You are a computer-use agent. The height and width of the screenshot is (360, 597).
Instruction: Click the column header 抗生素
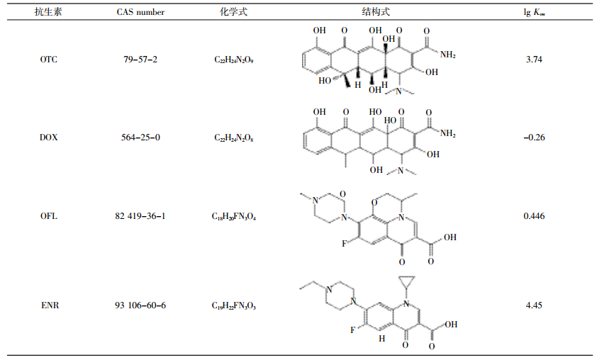coord(48,12)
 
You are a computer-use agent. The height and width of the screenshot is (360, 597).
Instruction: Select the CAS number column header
coord(140,12)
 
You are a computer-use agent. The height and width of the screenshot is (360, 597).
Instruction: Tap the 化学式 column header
coord(233,12)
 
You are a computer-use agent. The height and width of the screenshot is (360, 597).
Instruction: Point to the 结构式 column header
coord(375,12)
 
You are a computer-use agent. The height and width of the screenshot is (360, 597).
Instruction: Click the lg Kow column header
coord(534,13)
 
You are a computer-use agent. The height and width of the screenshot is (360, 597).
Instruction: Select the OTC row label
coord(49,60)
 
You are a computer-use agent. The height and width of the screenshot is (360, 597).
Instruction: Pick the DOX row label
coord(49,137)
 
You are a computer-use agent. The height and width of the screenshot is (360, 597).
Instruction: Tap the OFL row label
coord(49,216)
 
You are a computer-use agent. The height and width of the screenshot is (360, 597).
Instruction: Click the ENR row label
coord(50,305)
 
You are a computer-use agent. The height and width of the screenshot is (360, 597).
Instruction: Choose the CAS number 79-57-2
coord(140,60)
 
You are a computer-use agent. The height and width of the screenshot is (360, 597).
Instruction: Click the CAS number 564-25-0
coord(140,137)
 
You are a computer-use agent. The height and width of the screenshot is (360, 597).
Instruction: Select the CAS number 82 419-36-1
coord(140,216)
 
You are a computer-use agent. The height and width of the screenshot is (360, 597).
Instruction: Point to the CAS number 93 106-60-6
coord(140,305)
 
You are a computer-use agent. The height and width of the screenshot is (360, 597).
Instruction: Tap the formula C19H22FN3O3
coord(234,305)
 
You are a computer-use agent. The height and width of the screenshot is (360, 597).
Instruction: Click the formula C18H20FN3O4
coord(234,217)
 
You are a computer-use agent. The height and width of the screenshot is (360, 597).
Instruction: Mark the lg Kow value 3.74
coord(534,60)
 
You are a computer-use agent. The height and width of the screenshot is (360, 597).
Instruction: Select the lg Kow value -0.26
coord(534,137)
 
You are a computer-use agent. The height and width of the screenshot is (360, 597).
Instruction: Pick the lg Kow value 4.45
coord(534,305)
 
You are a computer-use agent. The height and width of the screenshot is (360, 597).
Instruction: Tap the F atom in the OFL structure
coord(344,244)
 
